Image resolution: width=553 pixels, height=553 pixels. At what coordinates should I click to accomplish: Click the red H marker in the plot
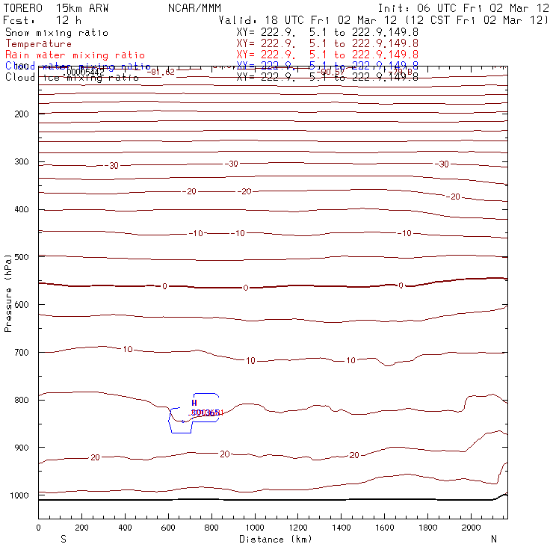(194, 403)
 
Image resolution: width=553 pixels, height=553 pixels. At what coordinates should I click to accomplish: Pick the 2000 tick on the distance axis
(472, 528)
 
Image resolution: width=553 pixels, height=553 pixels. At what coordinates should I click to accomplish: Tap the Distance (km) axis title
(275, 539)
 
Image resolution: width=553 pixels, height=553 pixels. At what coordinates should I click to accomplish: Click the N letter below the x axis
(493, 539)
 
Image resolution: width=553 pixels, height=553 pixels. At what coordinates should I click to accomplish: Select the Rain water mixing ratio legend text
(75, 55)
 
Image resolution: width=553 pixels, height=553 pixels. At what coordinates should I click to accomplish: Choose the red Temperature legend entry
(39, 44)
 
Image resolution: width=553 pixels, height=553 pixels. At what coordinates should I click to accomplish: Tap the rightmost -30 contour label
(442, 164)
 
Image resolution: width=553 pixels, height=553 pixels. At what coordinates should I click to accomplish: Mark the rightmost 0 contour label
(401, 285)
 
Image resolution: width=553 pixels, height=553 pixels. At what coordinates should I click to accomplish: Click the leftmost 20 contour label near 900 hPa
(95, 457)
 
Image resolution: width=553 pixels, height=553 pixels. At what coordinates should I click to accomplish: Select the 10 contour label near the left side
(127, 349)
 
